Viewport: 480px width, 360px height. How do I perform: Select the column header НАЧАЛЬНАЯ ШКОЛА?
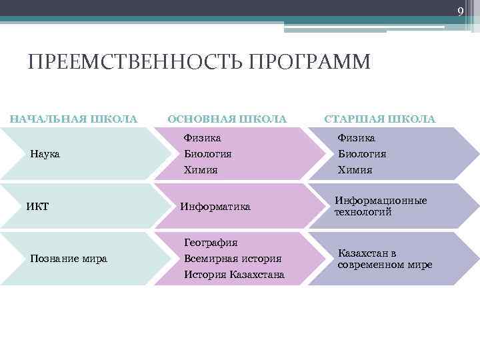point(73,119)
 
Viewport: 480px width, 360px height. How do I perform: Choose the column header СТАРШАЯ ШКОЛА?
point(379,119)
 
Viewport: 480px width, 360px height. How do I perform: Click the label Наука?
point(45,154)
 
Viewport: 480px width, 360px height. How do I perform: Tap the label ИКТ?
point(37,206)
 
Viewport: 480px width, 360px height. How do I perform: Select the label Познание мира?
point(69,259)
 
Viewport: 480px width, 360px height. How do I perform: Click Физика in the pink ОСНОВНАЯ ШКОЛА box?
point(203,138)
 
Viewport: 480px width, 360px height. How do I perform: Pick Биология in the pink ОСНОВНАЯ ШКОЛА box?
point(208,154)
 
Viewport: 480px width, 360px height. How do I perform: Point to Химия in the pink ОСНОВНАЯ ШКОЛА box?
point(201,170)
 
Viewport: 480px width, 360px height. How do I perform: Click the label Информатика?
point(215,207)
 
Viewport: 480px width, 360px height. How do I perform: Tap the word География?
point(211,243)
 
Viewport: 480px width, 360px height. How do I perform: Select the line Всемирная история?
point(233,259)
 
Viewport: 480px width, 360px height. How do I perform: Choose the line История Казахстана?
point(234,275)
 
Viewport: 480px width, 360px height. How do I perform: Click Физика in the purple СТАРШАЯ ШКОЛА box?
point(356,138)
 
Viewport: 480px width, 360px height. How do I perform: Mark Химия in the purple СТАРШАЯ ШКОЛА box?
point(355,170)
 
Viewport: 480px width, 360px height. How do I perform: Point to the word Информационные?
point(381,201)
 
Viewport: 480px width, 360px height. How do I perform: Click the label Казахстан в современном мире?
point(385,259)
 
